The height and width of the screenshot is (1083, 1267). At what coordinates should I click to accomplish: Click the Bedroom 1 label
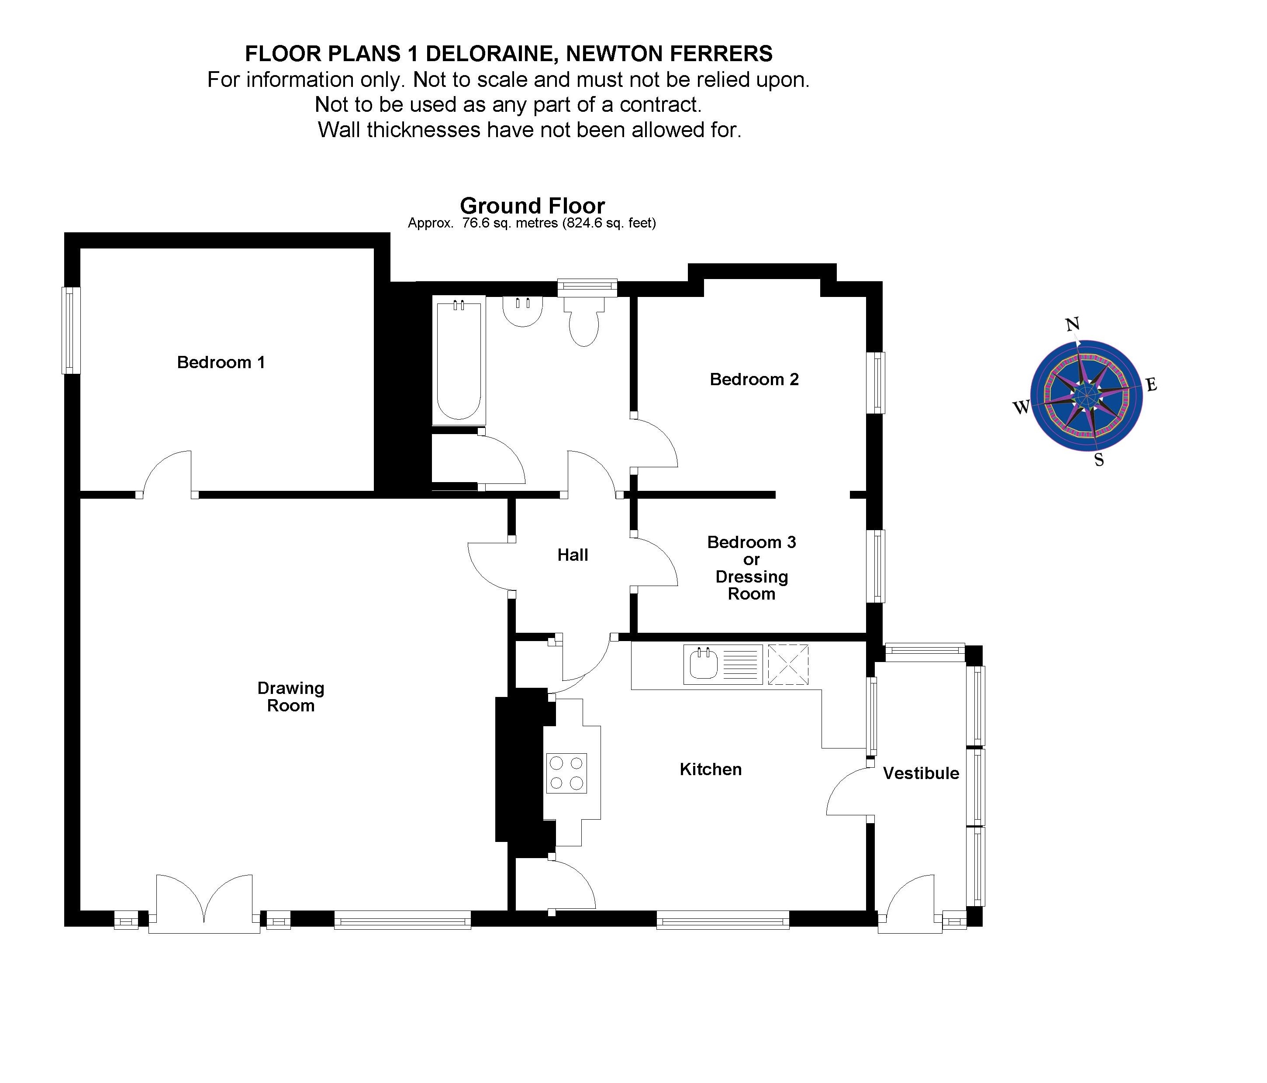click(x=221, y=362)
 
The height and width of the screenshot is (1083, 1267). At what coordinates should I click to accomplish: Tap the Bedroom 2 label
click(x=754, y=380)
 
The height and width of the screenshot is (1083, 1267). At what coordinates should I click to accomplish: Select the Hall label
click(x=572, y=555)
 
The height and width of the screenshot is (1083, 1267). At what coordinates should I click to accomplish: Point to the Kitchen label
click(x=711, y=769)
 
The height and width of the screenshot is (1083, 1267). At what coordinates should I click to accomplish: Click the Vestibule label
click(x=921, y=773)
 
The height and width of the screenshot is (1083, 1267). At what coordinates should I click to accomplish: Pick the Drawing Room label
click(x=290, y=697)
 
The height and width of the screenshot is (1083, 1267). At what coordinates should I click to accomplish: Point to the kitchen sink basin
click(x=704, y=665)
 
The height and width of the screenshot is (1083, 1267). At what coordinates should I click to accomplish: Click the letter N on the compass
click(x=1072, y=324)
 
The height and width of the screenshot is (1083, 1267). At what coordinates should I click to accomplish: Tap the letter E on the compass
click(x=1151, y=385)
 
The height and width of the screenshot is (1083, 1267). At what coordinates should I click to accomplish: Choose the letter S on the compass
click(x=1099, y=460)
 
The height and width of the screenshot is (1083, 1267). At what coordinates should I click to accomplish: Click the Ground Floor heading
click(x=532, y=206)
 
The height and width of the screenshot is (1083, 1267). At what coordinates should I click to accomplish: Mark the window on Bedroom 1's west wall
click(x=71, y=330)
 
